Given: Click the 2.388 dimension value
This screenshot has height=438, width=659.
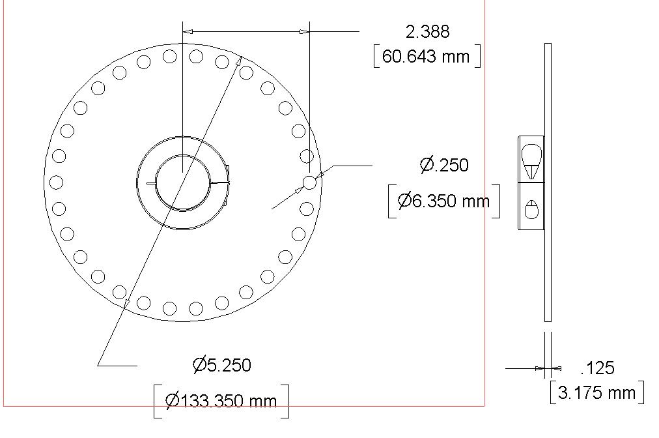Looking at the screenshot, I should coord(427,32).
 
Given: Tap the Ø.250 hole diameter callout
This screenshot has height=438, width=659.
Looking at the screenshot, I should coord(444,165).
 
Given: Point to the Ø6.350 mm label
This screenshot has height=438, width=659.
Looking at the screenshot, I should coord(443,201).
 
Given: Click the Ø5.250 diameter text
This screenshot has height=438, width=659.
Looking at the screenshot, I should coord(222,365).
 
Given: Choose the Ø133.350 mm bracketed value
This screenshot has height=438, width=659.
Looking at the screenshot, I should coord(221,400).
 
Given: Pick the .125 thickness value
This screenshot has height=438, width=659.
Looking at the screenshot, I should coord(597,368).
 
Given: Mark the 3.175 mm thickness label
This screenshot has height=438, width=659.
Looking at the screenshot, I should coord(596,392).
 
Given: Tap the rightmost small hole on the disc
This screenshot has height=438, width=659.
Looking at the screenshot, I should coord(309,183).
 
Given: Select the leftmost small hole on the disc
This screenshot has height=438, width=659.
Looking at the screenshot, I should coord(56,182).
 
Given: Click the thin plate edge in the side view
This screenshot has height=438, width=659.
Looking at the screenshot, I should coord(548,182).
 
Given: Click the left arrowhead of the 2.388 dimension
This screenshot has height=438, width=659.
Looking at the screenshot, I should coord(188,31).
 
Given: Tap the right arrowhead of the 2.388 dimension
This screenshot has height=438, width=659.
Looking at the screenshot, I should coord(304,31).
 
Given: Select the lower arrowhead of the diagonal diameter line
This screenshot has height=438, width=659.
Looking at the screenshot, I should coord(126,302).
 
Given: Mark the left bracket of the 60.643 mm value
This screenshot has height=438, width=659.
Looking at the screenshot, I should coord(376,56).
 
